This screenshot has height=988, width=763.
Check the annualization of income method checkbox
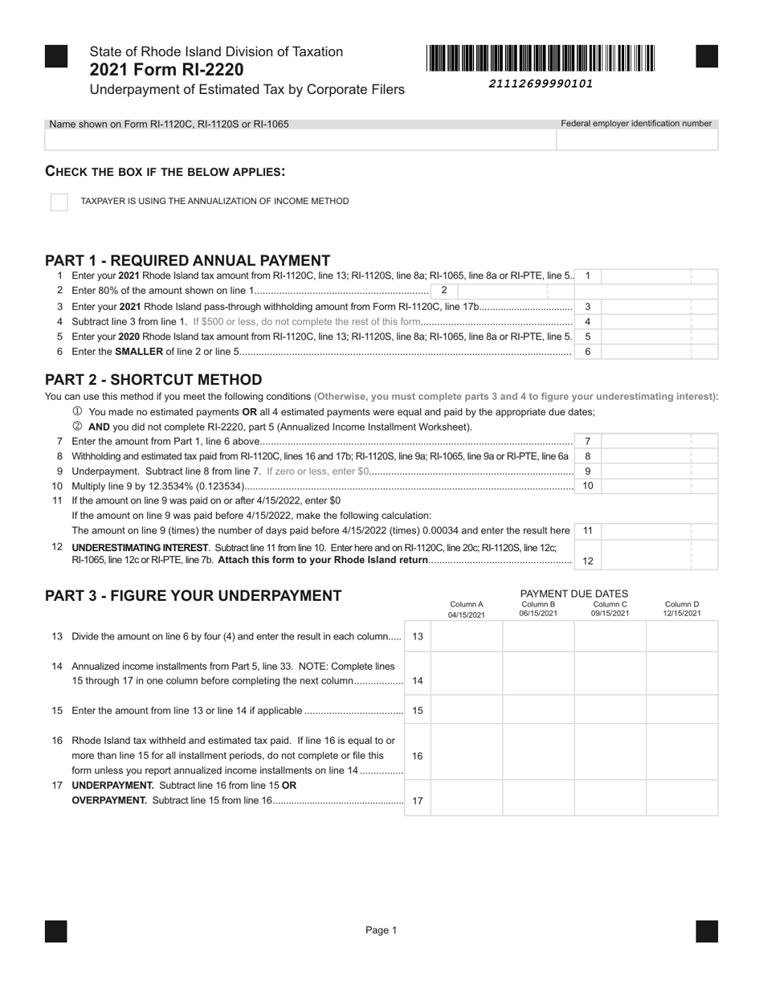[59, 202]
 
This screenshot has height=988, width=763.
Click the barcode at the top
[541, 59]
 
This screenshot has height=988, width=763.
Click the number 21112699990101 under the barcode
[541, 84]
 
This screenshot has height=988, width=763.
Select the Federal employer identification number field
[636, 140]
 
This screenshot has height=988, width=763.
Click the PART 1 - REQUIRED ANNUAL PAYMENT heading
[187, 260]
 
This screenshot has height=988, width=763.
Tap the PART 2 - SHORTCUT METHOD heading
[153, 379]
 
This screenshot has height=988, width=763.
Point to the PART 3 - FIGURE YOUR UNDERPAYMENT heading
[193, 595]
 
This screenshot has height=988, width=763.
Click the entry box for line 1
[659, 276]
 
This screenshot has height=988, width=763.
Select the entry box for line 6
[659, 352]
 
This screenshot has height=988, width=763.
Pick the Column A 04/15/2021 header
[467, 609]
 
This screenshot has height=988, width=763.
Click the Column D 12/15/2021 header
[682, 609]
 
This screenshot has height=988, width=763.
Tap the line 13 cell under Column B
[538, 636]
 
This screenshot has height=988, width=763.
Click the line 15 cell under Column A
[467, 710]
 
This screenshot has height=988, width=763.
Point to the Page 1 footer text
[381, 930]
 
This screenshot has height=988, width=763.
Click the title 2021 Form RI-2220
[167, 70]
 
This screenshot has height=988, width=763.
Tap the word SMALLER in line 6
[140, 352]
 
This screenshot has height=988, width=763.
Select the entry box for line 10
[659, 486]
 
